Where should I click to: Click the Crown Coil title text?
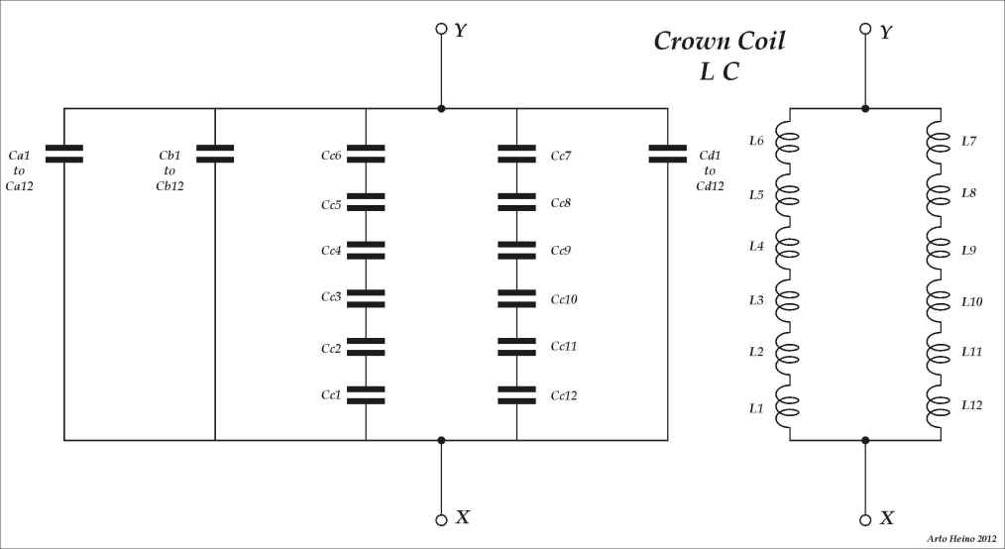pyautogui.click(x=720, y=42)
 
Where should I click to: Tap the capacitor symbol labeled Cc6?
pyautogui.click(x=366, y=153)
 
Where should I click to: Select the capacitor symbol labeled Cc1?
pyautogui.click(x=366, y=394)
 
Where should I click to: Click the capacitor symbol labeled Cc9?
pyautogui.click(x=516, y=250)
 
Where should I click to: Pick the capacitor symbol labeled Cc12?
pyautogui.click(x=516, y=394)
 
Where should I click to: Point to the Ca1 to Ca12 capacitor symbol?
pyautogui.click(x=64, y=153)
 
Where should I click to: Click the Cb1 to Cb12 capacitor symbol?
pyautogui.click(x=215, y=153)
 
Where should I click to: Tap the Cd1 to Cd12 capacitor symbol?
pyautogui.click(x=667, y=153)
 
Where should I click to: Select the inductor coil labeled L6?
pyautogui.click(x=787, y=141)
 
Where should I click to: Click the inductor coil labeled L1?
pyautogui.click(x=787, y=408)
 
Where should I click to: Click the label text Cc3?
pyautogui.click(x=331, y=297)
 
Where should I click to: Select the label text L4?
pyautogui.click(x=756, y=245)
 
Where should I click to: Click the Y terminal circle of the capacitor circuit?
pyautogui.click(x=441, y=29)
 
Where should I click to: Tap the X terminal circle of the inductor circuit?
pyautogui.click(x=865, y=519)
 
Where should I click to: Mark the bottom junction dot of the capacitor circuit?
pyautogui.click(x=441, y=439)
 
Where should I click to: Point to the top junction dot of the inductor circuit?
pyautogui.click(x=865, y=108)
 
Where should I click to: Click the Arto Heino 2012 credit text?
pyautogui.click(x=961, y=538)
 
